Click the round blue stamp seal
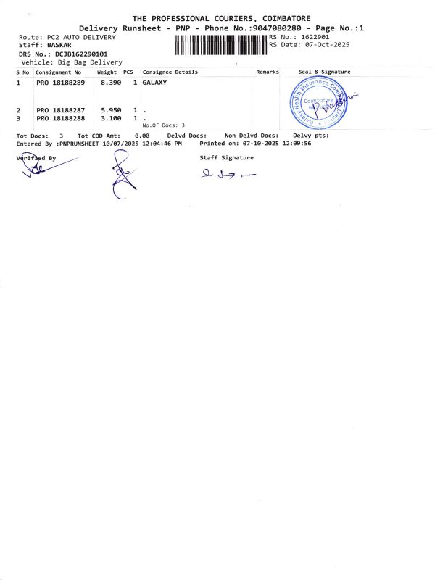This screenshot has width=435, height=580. (319, 104)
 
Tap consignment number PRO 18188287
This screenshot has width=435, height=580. (61, 110)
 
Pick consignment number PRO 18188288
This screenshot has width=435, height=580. (61, 117)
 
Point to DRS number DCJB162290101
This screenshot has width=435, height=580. (82, 54)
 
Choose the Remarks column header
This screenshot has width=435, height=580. (267, 72)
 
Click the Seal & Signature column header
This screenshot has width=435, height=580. (324, 72)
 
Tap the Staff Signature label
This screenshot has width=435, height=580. (226, 157)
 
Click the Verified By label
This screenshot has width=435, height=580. (36, 157)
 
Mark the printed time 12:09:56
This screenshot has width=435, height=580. (297, 144)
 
